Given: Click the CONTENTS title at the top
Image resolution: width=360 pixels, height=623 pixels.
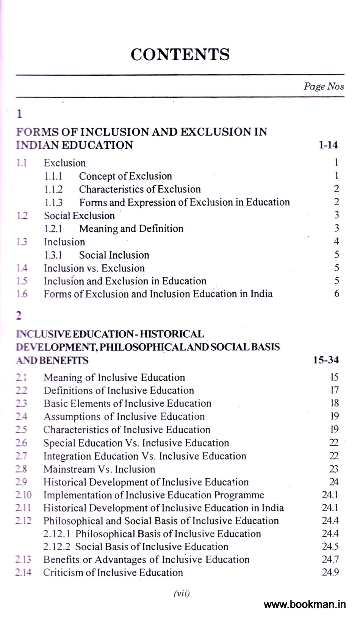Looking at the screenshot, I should tap(180, 55).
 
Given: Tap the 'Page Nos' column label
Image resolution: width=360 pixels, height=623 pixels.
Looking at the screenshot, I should tap(324, 86).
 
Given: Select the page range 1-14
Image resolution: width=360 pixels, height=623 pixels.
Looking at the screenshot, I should tap(328, 145).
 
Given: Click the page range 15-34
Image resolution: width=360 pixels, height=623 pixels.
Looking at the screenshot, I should tap(326, 360).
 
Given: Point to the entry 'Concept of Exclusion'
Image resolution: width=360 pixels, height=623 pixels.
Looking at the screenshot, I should tap(125, 176).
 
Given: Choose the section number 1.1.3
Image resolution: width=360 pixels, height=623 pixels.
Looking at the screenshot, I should tap(53, 203).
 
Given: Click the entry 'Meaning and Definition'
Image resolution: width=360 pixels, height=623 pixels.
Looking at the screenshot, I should tap(131, 229).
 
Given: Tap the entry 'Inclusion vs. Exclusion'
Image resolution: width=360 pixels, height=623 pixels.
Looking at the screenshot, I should tap(94, 268).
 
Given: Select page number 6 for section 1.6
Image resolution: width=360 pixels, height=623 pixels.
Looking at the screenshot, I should tap(337, 294).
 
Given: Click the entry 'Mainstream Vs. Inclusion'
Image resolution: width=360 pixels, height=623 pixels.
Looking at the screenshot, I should tap(99, 469).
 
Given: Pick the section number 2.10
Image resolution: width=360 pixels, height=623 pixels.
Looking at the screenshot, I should tap(23, 495).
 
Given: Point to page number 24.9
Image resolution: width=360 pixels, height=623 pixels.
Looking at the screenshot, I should tap(330, 572).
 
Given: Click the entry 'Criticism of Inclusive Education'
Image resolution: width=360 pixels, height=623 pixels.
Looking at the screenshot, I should tap(113, 572).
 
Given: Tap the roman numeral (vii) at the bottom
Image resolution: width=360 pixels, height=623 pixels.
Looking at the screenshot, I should tap(182, 593).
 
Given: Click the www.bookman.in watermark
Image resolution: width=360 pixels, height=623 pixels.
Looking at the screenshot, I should tap(304, 604).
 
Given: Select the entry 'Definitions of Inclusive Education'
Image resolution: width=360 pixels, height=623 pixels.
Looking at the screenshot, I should tap(119, 390).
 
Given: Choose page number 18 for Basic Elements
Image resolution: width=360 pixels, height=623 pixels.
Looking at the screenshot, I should tap(334, 403).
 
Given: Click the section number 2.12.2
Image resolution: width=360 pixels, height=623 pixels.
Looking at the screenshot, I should tap(58, 547).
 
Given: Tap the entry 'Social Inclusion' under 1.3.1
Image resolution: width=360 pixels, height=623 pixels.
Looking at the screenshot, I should tap(114, 255).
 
